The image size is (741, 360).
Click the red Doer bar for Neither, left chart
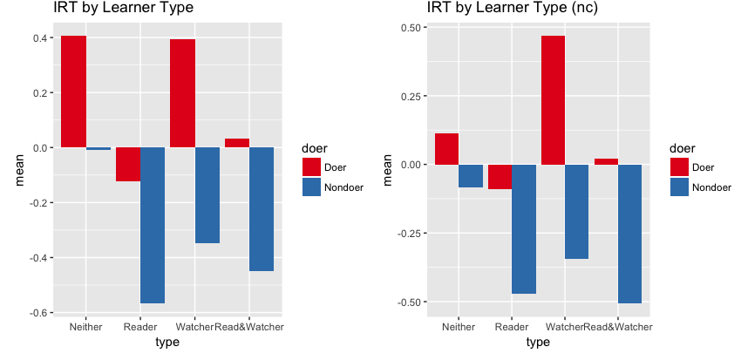coord(73,92)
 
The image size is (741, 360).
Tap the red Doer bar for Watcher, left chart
coord(182,93)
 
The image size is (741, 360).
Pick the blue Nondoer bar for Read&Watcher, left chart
coord(262,209)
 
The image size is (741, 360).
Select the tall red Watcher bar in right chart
coord(553,100)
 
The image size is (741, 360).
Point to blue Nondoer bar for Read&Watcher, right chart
coord(630,234)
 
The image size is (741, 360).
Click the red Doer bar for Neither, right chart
coord(446,149)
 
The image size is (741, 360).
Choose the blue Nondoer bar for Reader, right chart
coord(524,229)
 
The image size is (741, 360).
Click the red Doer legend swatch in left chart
coord(312,166)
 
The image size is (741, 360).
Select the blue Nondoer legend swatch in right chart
coord(679,187)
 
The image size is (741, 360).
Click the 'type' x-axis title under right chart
coord(538,343)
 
